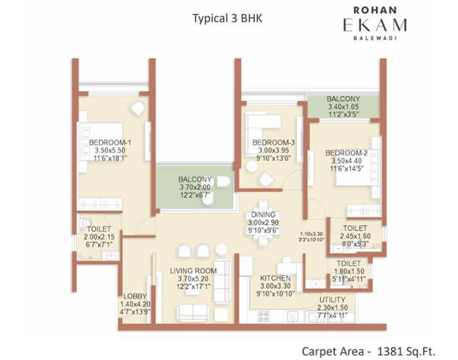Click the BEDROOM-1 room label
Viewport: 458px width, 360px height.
(110, 143)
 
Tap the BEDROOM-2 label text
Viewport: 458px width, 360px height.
(346, 153)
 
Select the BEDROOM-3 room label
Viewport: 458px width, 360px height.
(273, 143)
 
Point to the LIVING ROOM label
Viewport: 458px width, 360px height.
(194, 271)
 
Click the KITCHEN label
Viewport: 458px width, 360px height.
(275, 278)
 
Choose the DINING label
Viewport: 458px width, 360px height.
(263, 215)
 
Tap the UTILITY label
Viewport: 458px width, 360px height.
(332, 300)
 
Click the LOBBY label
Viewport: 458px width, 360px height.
(135, 296)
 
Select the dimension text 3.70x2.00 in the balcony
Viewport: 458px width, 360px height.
(195, 187)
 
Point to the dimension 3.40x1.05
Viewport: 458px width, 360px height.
(343, 107)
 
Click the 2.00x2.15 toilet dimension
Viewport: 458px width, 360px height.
(99, 237)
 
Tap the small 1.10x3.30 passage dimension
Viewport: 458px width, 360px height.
(311, 234)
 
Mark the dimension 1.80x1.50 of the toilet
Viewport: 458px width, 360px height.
(349, 271)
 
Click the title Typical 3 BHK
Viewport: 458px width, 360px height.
(227, 18)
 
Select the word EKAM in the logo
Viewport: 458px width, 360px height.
(375, 25)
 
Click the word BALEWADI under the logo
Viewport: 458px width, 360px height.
(375, 38)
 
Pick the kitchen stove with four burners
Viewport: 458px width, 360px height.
(264, 316)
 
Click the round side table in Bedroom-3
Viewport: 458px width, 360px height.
(251, 166)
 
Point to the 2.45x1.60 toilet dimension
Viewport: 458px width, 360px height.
(355, 236)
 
